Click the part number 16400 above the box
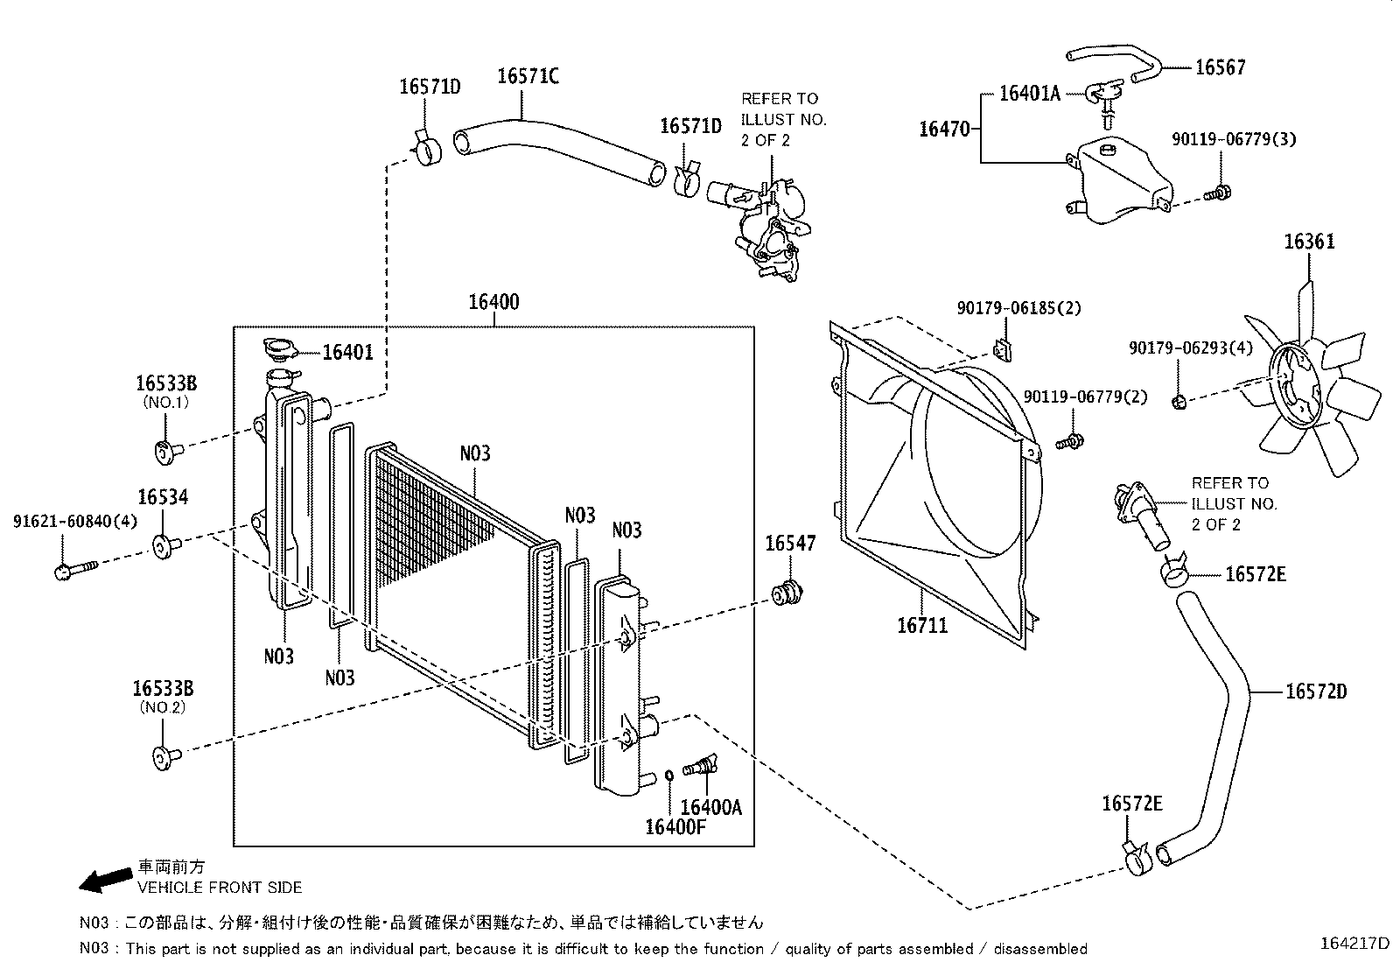(493, 303)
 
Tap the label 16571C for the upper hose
(528, 76)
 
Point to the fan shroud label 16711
(921, 626)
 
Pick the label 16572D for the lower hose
(1315, 692)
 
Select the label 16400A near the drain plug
(710, 807)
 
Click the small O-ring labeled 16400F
(669, 774)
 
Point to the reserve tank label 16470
(944, 130)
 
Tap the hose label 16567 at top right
(1220, 67)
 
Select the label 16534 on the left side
(162, 498)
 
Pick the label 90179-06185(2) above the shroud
(1018, 308)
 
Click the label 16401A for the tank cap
(1029, 94)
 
